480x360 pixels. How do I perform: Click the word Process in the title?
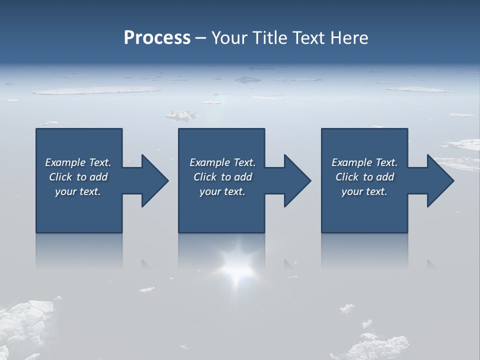(157, 38)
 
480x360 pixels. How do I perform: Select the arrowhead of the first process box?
(153, 180)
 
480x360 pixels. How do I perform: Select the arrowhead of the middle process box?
(295, 180)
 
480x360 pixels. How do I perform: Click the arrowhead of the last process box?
(438, 180)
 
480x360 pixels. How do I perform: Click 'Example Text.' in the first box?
(78, 162)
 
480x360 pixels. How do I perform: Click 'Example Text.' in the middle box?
(222, 162)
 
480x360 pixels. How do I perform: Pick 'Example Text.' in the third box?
(364, 162)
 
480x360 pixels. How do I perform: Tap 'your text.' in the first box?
(78, 191)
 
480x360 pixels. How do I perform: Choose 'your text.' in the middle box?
(222, 191)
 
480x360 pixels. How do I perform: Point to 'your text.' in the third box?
(364, 191)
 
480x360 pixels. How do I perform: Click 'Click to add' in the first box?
(78, 177)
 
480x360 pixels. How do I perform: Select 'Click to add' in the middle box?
(222, 177)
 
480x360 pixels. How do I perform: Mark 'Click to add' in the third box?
(364, 177)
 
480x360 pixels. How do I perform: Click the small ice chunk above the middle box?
(181, 116)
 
